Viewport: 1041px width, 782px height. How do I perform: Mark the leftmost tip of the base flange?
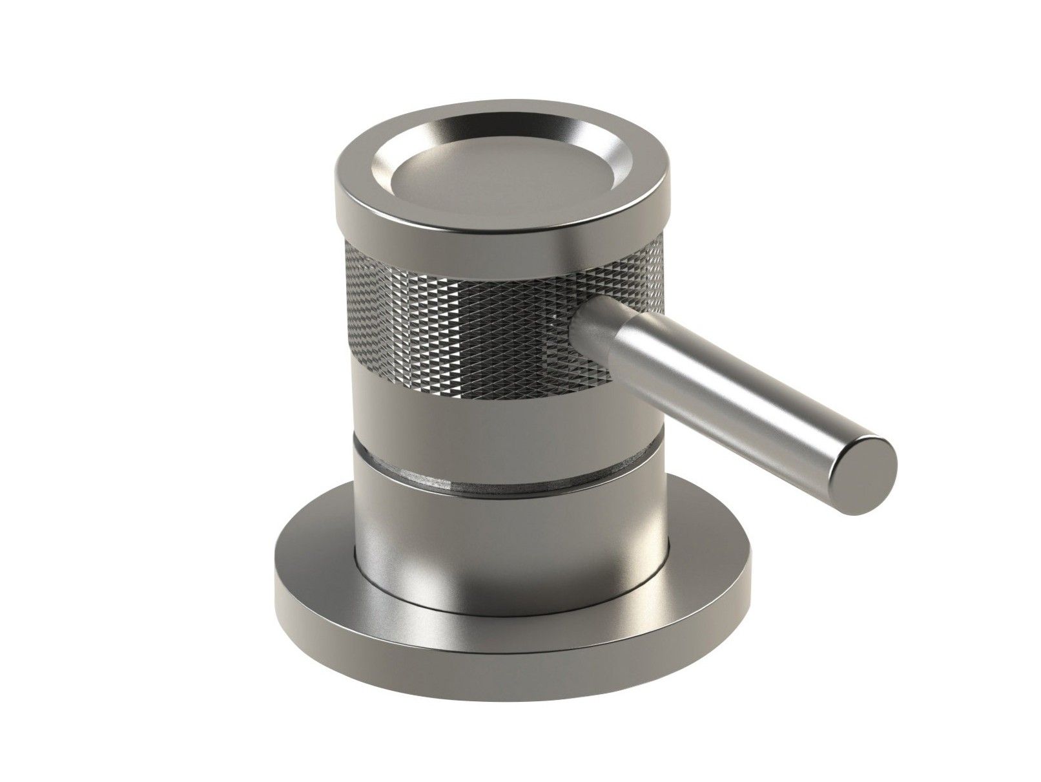pos(276,582)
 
